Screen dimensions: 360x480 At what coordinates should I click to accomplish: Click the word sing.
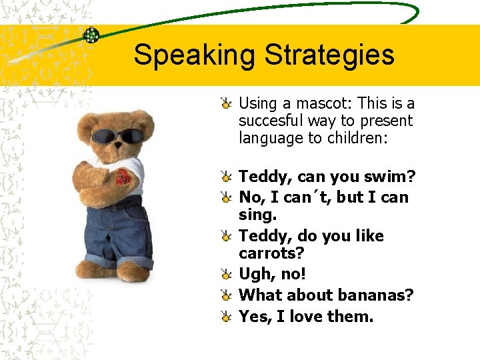tap(257, 216)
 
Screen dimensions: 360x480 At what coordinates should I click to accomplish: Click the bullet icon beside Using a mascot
tap(227, 103)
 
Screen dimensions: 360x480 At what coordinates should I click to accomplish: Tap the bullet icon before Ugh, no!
tap(227, 275)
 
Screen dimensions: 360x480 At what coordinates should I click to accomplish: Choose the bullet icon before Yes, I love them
tap(227, 317)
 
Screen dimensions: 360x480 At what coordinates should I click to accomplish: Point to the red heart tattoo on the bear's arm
tap(123, 177)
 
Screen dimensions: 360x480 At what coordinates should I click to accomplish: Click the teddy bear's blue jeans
tap(120, 233)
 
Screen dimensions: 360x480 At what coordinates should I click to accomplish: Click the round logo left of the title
tap(91, 35)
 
